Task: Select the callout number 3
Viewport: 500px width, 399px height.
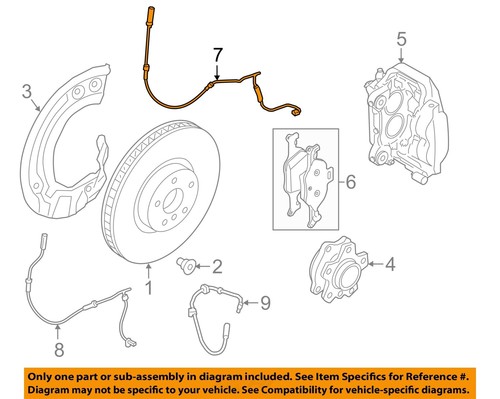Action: point(28,95)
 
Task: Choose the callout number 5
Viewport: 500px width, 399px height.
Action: point(402,40)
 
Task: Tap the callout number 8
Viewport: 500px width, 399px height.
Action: point(58,350)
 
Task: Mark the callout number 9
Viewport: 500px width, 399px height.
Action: point(265,300)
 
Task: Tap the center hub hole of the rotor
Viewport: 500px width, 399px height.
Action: point(167,194)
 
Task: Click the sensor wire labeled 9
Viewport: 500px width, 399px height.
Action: point(215,310)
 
